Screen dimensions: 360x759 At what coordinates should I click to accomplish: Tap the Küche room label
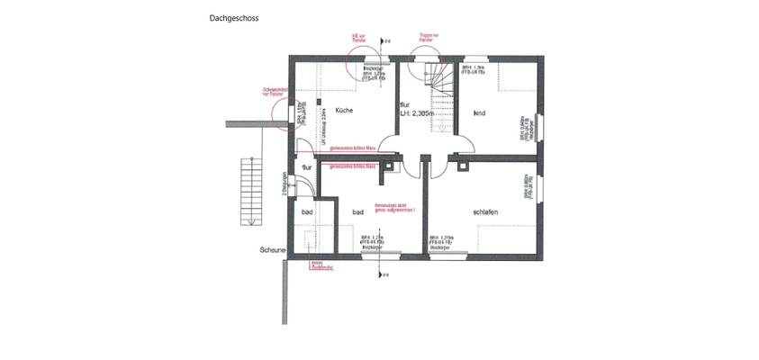344,110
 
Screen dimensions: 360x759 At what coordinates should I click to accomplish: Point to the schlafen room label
485,211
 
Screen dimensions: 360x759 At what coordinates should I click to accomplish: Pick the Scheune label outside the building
273,249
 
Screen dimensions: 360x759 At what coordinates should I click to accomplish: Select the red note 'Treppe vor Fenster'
429,38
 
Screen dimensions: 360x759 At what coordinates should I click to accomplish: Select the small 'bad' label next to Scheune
306,212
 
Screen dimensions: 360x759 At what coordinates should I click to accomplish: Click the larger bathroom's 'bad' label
357,211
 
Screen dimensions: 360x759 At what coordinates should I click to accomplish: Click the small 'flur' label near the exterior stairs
307,167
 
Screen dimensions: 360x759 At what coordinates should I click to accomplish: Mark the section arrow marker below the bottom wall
384,274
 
